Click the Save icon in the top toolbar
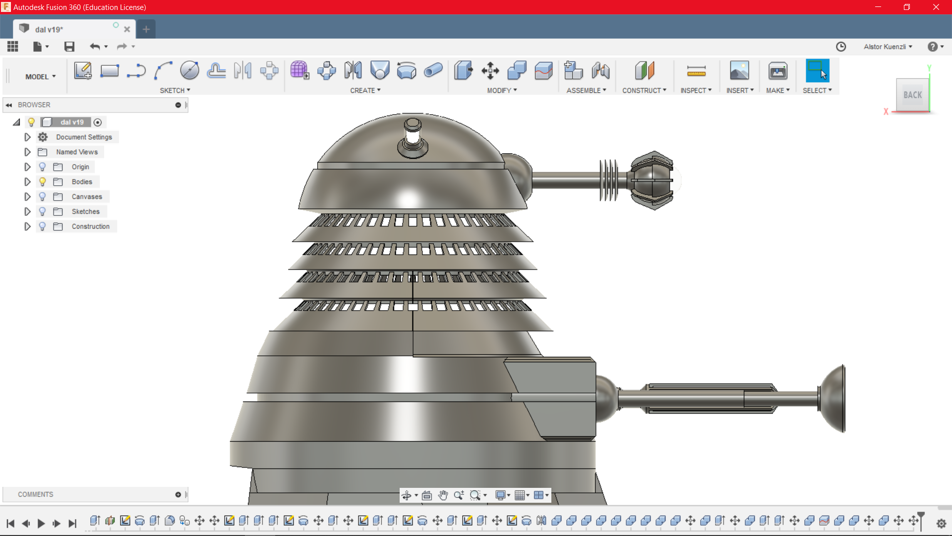(69, 47)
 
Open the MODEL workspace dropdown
(41, 77)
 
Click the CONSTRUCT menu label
(644, 90)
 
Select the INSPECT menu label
(696, 90)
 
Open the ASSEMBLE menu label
(586, 90)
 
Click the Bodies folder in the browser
(82, 182)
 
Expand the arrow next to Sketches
(27, 211)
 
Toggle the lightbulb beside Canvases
(43, 197)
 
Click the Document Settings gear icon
(43, 137)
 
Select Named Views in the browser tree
(77, 152)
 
